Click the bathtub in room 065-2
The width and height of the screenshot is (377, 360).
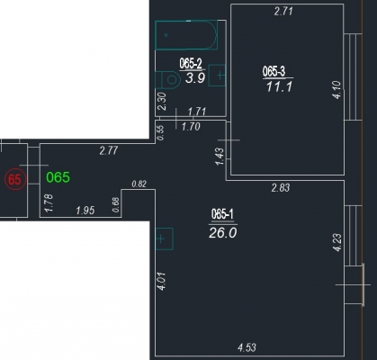point(186,35)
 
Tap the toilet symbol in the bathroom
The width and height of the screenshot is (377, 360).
point(167,80)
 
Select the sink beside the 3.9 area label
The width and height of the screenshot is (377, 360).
point(217,76)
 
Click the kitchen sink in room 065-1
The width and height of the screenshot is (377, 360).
point(165,238)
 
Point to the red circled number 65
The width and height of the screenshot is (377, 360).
point(15,179)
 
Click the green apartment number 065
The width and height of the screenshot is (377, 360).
point(58,177)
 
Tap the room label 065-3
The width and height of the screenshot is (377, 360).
point(274,72)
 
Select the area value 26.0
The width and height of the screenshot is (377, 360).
point(223,233)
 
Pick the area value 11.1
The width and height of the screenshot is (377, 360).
point(279,87)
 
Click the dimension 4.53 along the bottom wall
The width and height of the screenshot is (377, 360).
point(247,347)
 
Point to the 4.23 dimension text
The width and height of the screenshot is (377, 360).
point(337,242)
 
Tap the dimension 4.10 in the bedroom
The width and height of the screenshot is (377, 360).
point(337,90)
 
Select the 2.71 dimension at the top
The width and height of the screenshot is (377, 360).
point(283,12)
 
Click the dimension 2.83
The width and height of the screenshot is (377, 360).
point(281,187)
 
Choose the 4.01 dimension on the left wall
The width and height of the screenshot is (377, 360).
point(162,281)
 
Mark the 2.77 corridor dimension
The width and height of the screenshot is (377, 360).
point(109,150)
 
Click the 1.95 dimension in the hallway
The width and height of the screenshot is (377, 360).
point(85,211)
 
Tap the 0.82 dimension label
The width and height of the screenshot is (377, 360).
point(139,184)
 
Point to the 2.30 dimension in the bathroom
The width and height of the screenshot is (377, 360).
point(162,102)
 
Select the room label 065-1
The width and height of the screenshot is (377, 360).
point(222,215)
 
